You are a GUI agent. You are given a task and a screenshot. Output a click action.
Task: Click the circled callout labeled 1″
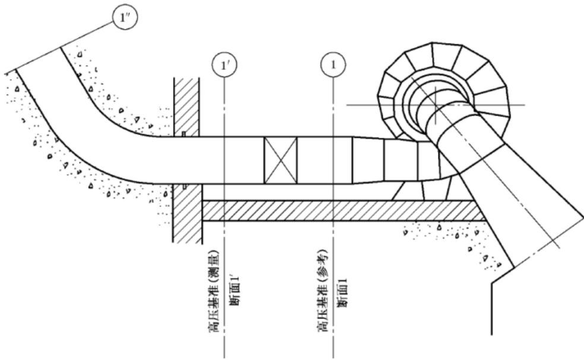point(125,17)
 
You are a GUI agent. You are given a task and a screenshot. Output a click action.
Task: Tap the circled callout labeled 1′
point(224,65)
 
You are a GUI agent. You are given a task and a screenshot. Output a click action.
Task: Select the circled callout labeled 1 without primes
point(333,65)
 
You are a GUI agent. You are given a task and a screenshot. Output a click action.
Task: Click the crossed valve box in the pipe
point(281,161)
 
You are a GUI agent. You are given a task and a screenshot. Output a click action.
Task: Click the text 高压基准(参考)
point(322,291)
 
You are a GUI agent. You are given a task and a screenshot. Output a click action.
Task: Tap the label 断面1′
point(234,292)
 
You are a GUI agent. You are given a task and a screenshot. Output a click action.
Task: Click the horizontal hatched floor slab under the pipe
point(342,211)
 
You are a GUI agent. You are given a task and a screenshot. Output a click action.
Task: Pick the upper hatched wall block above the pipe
point(186,107)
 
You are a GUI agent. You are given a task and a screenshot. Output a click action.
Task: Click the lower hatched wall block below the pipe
point(188,214)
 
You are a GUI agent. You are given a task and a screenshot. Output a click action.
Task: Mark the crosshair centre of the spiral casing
point(436,105)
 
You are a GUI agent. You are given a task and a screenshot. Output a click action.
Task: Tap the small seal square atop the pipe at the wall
point(183,134)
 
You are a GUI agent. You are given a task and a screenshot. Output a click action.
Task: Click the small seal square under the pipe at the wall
point(183,186)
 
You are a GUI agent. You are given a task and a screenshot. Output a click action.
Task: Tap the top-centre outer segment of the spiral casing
point(447,56)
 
